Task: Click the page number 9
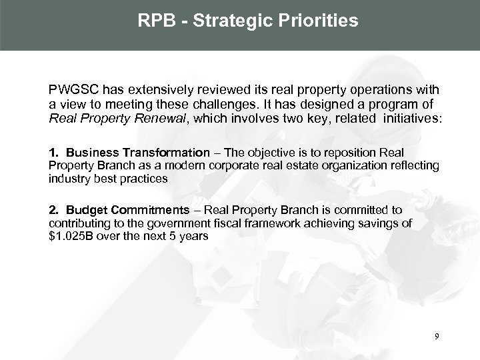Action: (436, 337)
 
